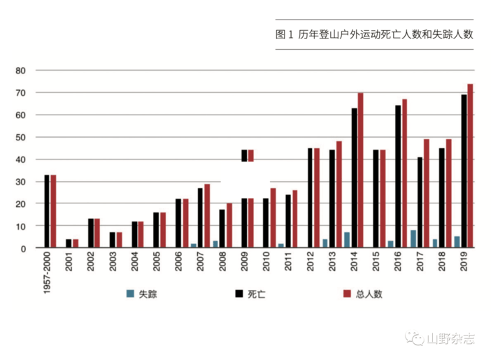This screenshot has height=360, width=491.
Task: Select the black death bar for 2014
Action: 354,178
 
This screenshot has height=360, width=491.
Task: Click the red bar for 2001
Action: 75,243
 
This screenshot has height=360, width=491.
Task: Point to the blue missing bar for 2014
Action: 347,240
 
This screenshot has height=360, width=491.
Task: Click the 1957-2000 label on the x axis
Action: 48,274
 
